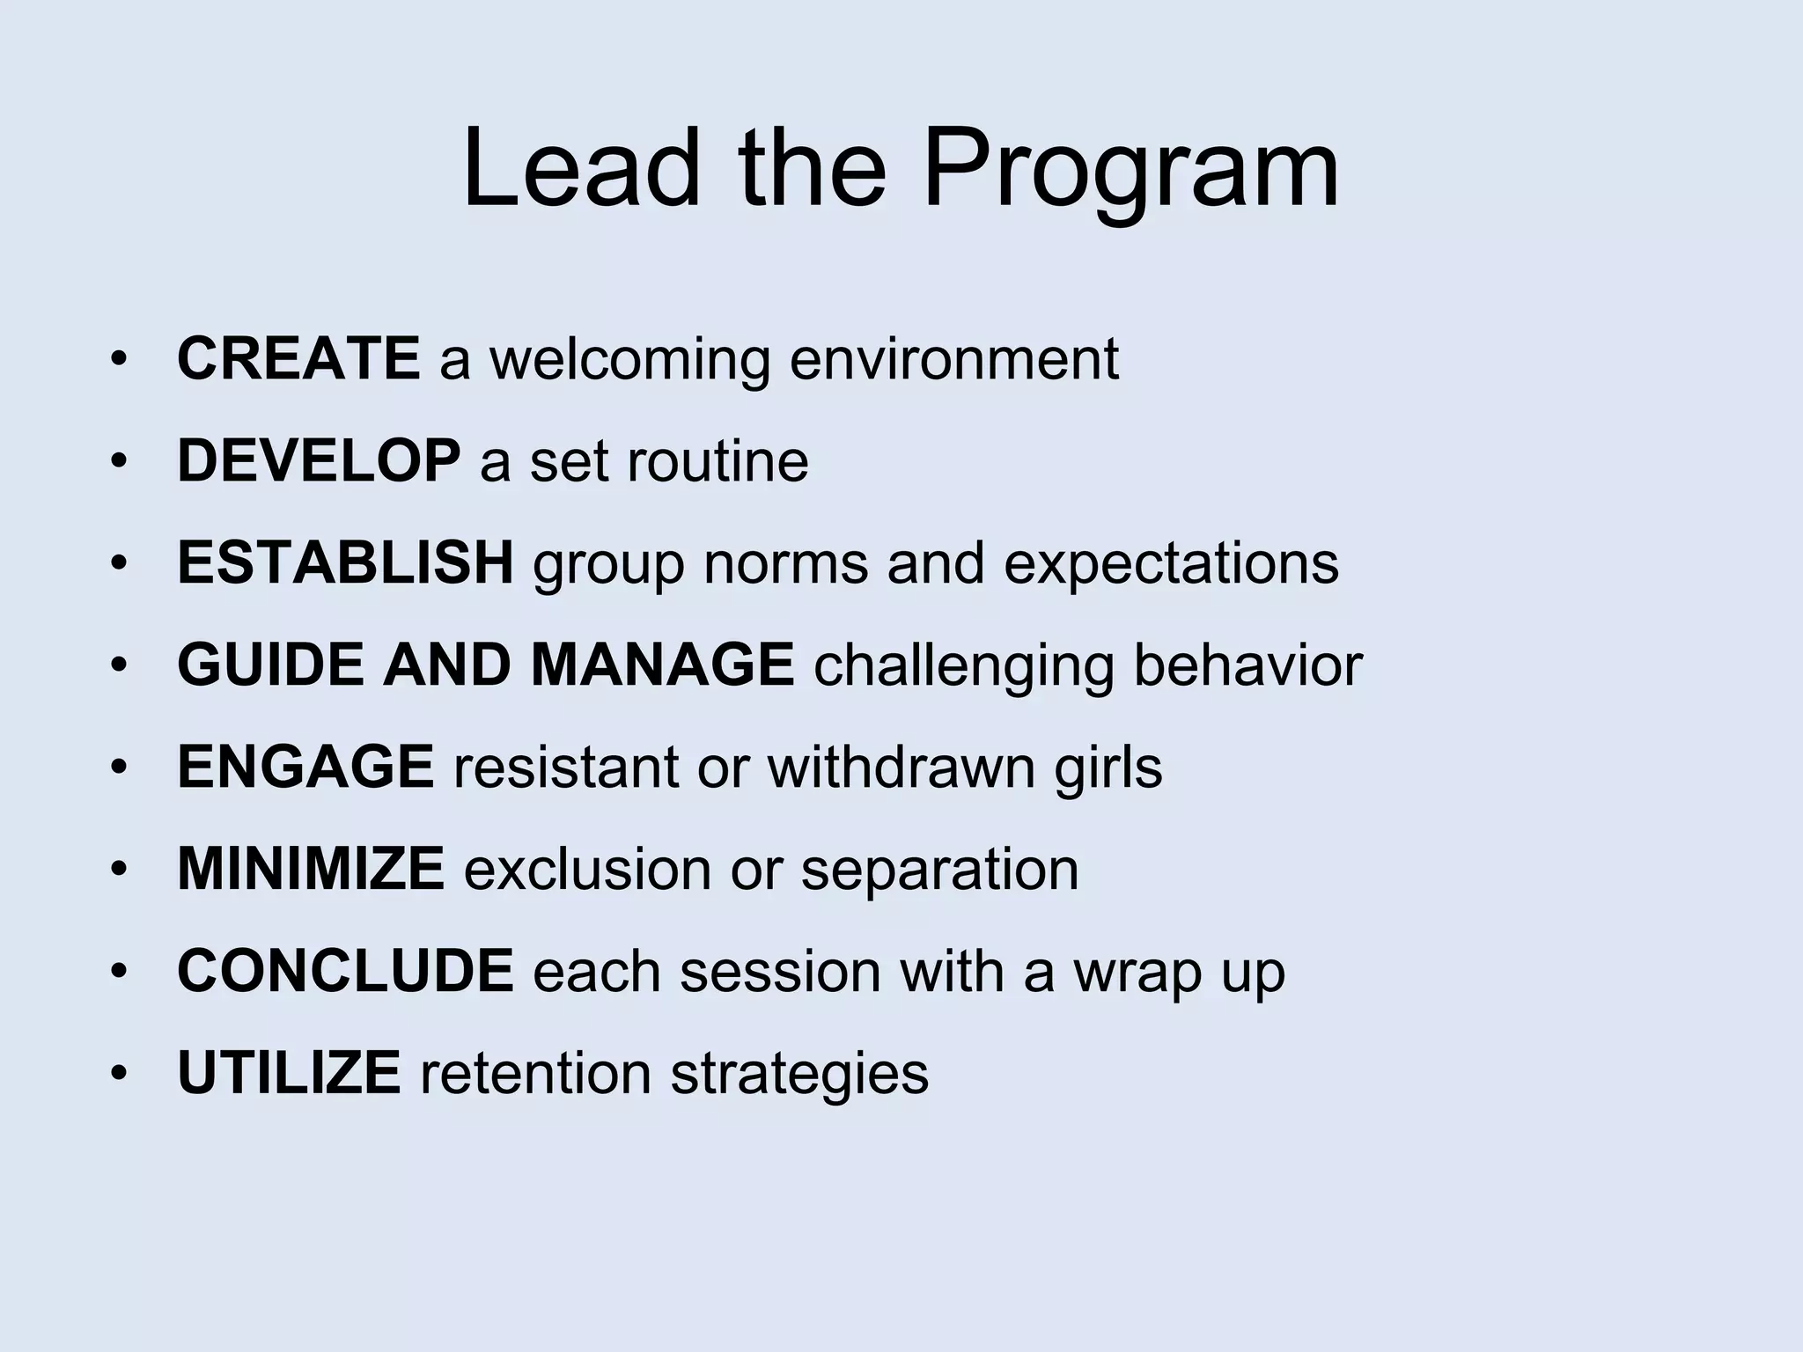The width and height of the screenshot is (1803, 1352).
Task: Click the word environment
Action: (953, 360)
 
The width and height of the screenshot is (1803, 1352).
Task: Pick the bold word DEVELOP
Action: (319, 460)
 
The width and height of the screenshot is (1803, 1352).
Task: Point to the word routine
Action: (717, 460)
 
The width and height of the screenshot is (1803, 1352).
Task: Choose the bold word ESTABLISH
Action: (345, 562)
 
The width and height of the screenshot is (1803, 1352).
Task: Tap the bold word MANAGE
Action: (662, 665)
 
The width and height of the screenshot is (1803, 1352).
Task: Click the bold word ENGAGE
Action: (305, 767)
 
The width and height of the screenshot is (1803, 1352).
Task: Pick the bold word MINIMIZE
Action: (311, 869)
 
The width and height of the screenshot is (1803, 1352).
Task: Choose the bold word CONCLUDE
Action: (345, 971)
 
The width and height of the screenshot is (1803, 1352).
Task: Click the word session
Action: (780, 971)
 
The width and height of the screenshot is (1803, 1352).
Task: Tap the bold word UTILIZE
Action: (289, 1073)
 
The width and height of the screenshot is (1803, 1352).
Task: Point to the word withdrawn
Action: (901, 767)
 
